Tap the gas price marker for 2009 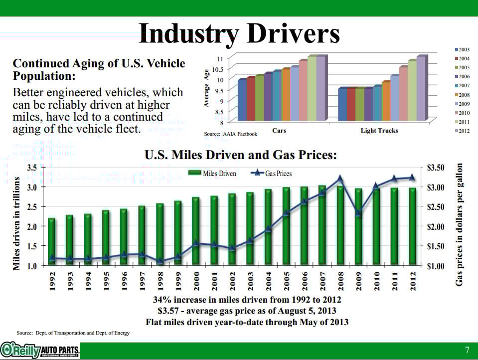pos(358,213)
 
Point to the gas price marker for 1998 pos(160,260)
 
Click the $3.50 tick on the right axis pos(438,168)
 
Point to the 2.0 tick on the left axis pos(31,226)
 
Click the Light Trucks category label pos(379,131)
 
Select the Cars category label pos(279,131)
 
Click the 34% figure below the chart pos(162,300)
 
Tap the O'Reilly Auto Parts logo pos(40,350)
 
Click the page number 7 pos(467,349)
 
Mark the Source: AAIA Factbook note pos(230,134)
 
